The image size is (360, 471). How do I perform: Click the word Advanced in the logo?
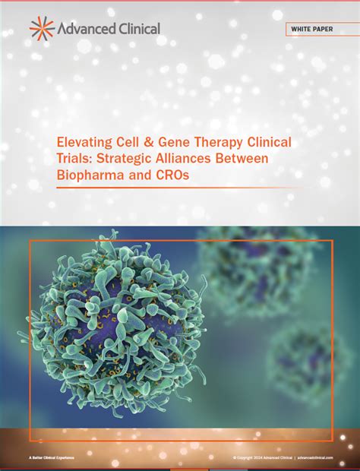pyautogui.click(x=84, y=28)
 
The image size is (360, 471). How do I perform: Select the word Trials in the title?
pyautogui.click(x=74, y=160)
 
